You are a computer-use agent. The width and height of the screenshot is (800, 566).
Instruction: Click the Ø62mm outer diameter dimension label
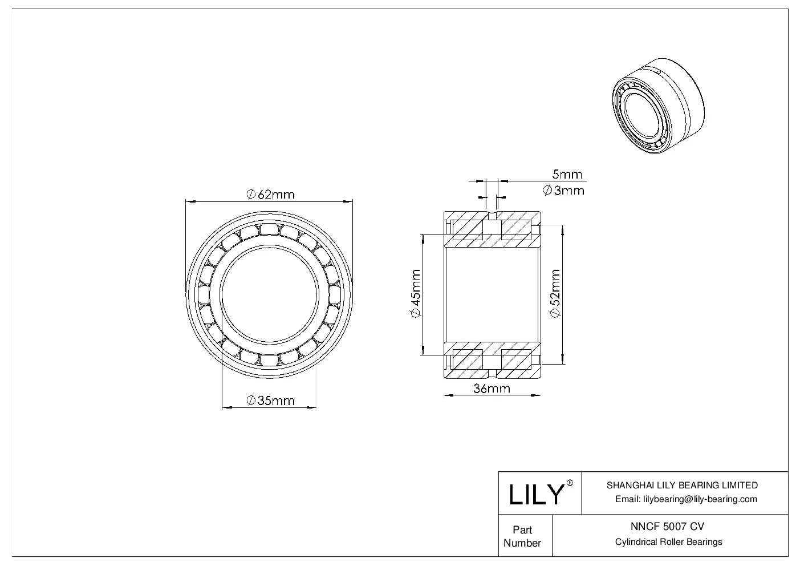[x=270, y=195]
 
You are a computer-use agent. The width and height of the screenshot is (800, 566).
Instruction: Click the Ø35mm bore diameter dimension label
[x=270, y=401]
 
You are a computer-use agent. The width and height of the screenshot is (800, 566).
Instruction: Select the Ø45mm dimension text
[x=415, y=295]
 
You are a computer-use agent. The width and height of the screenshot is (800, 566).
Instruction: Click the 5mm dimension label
[x=567, y=174]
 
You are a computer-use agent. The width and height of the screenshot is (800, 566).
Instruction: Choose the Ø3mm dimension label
[x=563, y=191]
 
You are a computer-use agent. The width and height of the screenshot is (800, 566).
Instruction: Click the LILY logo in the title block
[x=536, y=494]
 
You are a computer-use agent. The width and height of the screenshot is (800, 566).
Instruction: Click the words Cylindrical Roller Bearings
[x=668, y=542]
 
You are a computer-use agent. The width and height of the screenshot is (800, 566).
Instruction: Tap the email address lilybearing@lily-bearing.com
[x=687, y=499]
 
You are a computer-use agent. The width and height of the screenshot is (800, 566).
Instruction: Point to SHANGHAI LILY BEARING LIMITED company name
[x=682, y=486]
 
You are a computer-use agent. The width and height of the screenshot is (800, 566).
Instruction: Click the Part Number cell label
[x=522, y=536]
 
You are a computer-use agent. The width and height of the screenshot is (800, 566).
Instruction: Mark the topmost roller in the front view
[x=269, y=228]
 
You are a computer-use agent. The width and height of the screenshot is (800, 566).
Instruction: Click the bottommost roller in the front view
[x=269, y=360]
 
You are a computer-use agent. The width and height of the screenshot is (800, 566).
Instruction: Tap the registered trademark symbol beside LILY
[x=570, y=483]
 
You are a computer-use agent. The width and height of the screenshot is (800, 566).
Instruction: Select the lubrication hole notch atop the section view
[x=492, y=216]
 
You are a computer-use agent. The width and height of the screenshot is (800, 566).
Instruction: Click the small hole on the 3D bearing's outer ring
[x=657, y=72]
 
